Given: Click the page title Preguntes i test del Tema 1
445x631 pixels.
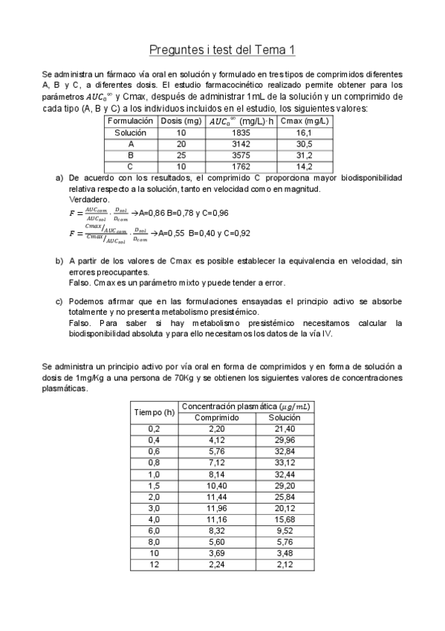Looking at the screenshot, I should [x=222, y=50].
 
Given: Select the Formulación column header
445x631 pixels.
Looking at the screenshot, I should [x=130, y=121].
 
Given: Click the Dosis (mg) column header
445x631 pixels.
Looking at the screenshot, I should [x=181, y=121].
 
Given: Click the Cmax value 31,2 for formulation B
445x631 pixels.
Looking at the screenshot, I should [x=305, y=155].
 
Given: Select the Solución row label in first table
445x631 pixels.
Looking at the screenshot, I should [x=130, y=132].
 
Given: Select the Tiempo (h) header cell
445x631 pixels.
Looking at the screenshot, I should [x=154, y=411].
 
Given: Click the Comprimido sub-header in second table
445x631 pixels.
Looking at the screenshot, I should [x=216, y=417].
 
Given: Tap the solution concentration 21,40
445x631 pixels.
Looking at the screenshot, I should [x=285, y=429].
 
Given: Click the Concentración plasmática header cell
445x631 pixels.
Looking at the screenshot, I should [x=246, y=406].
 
